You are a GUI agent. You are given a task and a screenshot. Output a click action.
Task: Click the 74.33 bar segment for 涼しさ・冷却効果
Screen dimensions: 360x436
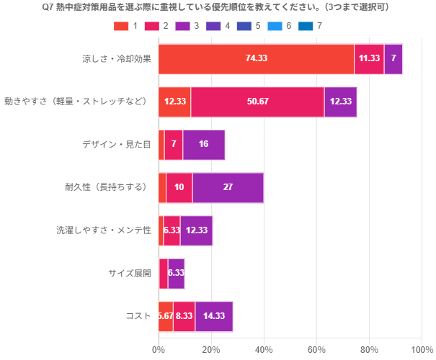pyautogui.click(x=256, y=59)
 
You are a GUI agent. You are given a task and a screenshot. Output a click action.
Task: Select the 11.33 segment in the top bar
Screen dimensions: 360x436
pyautogui.click(x=369, y=59)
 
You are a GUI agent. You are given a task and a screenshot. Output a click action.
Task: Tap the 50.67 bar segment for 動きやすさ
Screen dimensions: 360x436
pyautogui.click(x=257, y=102)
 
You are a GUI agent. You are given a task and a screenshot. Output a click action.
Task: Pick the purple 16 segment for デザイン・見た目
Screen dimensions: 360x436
pyautogui.click(x=204, y=144)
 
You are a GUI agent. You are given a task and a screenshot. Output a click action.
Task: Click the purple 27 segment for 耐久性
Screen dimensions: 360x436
pyautogui.click(x=228, y=187)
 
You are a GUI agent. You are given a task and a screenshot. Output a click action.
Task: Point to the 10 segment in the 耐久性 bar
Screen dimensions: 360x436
pyautogui.click(x=179, y=187)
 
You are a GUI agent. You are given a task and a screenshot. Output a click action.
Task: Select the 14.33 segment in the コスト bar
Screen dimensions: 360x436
pyautogui.click(x=214, y=316)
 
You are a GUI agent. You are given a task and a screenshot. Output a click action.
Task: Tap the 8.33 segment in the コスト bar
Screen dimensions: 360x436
pyautogui.click(x=184, y=316)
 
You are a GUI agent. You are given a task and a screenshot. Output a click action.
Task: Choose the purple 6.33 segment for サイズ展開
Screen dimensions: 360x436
pyautogui.click(x=177, y=273)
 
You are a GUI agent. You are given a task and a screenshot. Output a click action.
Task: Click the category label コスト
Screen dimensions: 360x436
pyautogui.click(x=138, y=316)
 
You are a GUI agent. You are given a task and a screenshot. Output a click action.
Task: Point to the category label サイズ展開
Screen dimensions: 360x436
pyautogui.click(x=130, y=273)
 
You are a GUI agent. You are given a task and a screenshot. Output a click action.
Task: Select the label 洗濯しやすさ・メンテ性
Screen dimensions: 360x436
pyautogui.click(x=104, y=230)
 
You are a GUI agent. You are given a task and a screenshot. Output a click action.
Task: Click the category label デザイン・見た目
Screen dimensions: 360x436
pyautogui.click(x=117, y=144)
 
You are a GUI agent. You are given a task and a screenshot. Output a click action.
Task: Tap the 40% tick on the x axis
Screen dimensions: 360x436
pyautogui.click(x=264, y=350)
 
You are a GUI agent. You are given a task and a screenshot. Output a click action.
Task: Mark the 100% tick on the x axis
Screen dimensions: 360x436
pyautogui.click(x=422, y=350)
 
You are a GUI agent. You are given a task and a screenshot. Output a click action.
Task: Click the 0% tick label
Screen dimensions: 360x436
pyautogui.click(x=159, y=350)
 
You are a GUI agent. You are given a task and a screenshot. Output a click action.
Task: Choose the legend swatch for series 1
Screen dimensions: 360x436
pyautogui.click(x=120, y=26)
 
